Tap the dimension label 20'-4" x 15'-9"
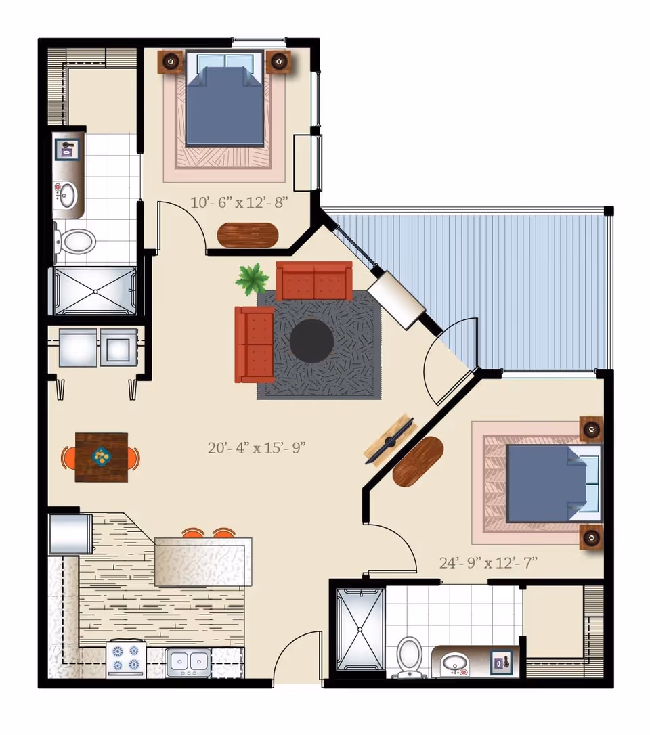[257, 447]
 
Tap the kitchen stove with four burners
[126, 658]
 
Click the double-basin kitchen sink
[189, 659]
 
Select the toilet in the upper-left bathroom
[76, 240]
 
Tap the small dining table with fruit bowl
[102, 458]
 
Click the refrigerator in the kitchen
[69, 533]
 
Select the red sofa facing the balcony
[254, 344]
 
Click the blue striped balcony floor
[515, 284]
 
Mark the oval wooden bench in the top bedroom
[248, 235]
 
